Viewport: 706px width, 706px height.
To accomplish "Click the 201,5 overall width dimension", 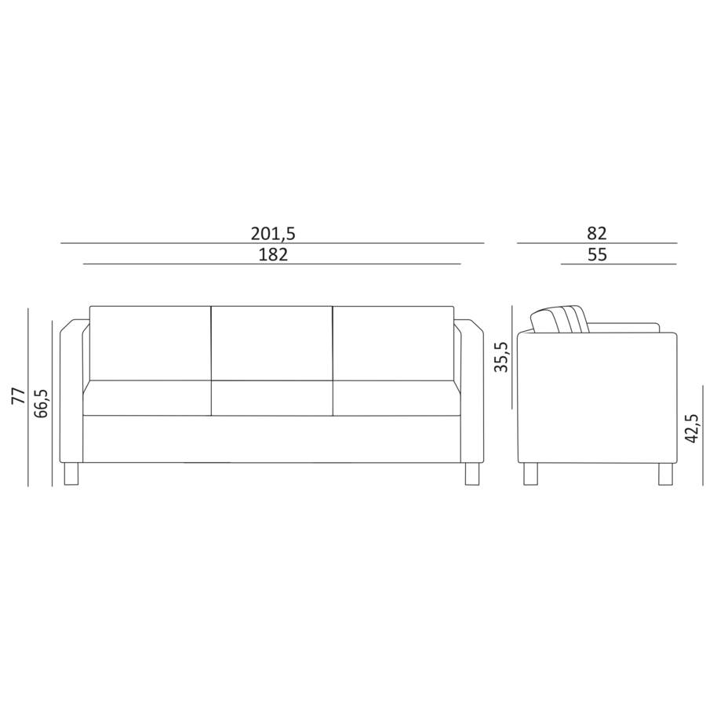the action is pos(273,234).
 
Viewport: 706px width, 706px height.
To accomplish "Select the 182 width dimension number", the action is pos(273,255).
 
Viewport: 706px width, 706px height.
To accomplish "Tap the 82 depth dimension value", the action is pos(597,233).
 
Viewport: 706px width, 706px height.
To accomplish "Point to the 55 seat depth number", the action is pos(598,255).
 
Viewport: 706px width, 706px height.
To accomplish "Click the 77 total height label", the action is pos(19,395).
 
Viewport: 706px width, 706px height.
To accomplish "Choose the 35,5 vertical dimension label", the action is pos(501,357).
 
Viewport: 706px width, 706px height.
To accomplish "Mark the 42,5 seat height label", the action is pos(692,428).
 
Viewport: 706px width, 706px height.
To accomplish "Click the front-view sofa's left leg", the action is pos(71,474).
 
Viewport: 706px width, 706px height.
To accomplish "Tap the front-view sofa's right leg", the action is pos(472,474).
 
